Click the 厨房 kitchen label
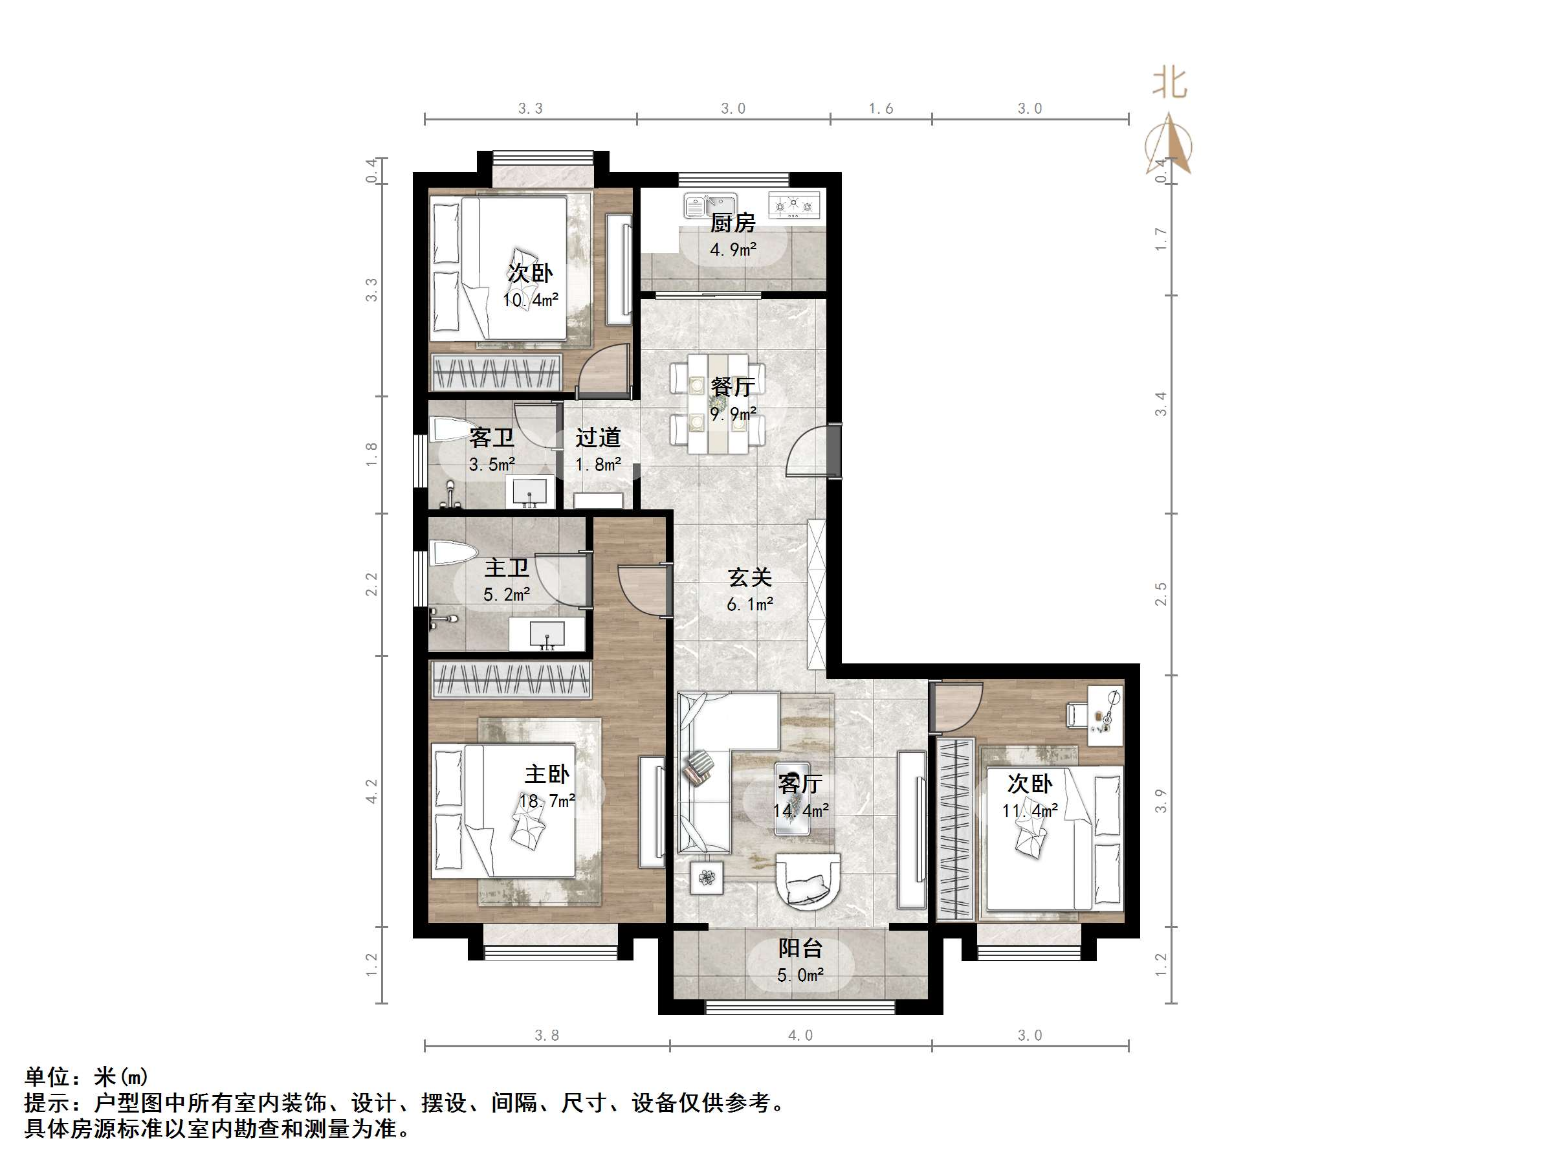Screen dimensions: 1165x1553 [x=732, y=223]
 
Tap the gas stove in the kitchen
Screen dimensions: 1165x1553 [x=794, y=205]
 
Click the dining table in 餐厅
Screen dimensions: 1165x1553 [x=718, y=404]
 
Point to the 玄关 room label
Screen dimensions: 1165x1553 [x=749, y=577]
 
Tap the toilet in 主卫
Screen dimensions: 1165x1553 [x=452, y=553]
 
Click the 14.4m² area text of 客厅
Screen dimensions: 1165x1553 [x=800, y=810]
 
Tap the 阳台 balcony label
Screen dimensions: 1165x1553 [x=800, y=948]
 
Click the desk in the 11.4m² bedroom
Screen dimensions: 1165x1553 [x=1105, y=716]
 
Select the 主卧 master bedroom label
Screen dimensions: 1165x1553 [x=546, y=774]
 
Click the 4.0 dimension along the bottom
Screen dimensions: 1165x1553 [x=800, y=1035]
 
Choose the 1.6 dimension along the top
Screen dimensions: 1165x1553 [x=881, y=108]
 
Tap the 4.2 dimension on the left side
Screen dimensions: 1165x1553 [x=371, y=791]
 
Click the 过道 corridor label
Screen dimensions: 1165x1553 [x=597, y=438]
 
